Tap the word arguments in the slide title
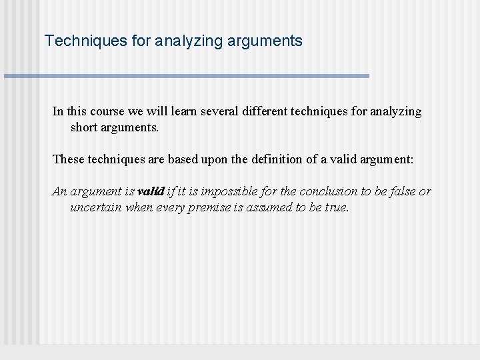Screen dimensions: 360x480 pos(266,41)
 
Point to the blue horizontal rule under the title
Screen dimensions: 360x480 pos(187,76)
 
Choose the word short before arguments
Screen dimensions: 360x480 pos(85,127)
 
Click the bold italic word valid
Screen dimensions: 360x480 pos(151,191)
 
